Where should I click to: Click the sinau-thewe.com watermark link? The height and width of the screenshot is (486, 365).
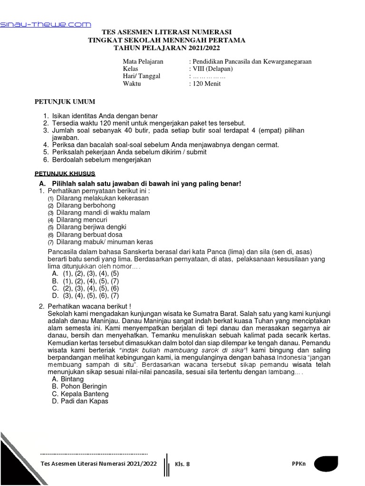[x=45, y=24]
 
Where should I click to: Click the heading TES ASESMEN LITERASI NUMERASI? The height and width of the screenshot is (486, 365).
[x=167, y=32]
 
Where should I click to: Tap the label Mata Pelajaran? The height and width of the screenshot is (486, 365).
[x=143, y=62]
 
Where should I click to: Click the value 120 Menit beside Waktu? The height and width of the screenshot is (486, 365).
[x=206, y=84]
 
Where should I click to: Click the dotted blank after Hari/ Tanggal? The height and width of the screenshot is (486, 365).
[x=209, y=76]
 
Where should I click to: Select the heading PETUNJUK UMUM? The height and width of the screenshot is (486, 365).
[x=65, y=102]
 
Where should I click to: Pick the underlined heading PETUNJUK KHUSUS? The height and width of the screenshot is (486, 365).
[x=66, y=174]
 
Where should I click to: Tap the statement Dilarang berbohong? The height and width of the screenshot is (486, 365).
[x=86, y=206]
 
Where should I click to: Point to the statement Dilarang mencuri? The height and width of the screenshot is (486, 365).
[x=81, y=220]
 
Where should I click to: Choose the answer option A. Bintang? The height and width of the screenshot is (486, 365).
[x=67, y=379]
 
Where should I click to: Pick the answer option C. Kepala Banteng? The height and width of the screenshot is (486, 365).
[x=80, y=394]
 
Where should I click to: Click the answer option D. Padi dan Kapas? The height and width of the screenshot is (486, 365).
[x=80, y=401]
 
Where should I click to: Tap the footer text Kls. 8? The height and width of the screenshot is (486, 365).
[x=182, y=464]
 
